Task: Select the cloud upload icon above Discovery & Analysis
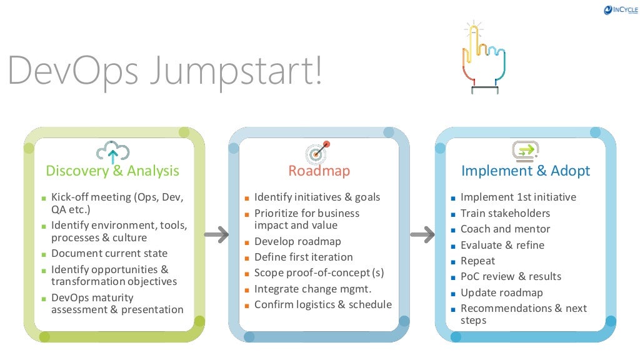click(112, 152)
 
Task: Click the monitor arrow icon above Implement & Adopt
click(526, 151)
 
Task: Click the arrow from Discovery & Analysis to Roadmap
click(216, 235)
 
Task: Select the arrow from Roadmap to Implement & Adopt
click(422, 235)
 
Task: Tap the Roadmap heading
click(319, 171)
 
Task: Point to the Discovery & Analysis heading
click(112, 171)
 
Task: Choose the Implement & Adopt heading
click(526, 171)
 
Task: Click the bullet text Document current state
click(109, 254)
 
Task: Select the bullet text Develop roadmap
click(297, 241)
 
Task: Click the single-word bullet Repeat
click(477, 261)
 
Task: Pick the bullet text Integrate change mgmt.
click(312, 289)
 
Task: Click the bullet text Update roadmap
click(501, 292)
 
